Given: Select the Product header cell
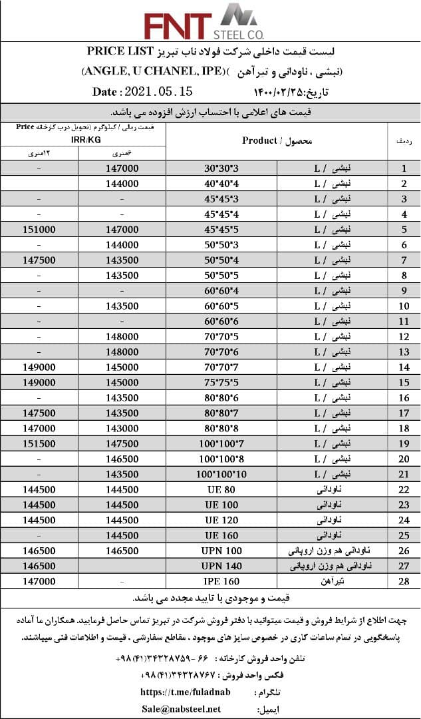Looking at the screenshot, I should coord(277,140).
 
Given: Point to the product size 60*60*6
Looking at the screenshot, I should coord(221,321).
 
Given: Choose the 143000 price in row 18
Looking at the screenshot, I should coord(122,428).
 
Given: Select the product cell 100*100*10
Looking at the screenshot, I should coord(221,474).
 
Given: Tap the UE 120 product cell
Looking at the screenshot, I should coord(221,520).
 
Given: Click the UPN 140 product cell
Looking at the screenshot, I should coord(221,566).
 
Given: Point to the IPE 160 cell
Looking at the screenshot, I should coord(221,581).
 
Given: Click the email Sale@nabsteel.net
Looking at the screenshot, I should coord(182,708).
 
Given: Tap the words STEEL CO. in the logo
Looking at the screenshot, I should coord(239,33).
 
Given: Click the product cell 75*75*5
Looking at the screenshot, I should coord(221,382).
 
